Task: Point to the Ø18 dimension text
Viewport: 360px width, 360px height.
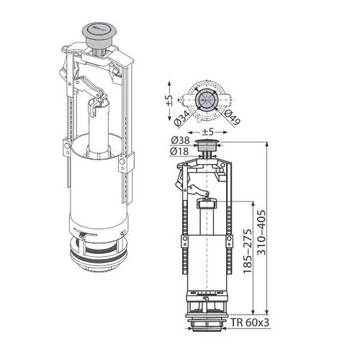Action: pyautogui.click(x=180, y=151)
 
